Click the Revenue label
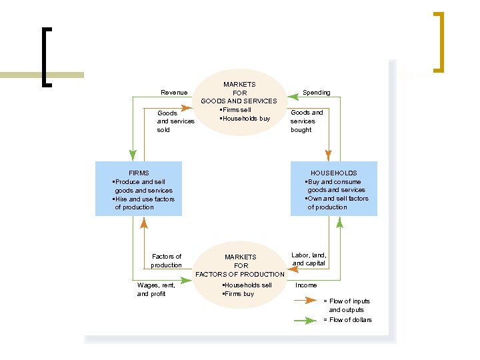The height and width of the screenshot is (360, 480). [x=175, y=92]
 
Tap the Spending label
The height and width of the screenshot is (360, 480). [x=316, y=92]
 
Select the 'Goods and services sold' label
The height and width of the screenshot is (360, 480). [x=175, y=121]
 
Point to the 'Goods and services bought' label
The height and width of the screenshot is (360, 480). [x=307, y=121]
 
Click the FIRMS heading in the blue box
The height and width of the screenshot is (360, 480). [x=139, y=173]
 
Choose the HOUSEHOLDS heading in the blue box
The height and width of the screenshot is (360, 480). [x=333, y=173]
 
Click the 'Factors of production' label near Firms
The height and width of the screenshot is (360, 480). [x=166, y=261]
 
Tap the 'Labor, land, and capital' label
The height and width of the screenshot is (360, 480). [x=309, y=259]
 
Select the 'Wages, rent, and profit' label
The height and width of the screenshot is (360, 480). [x=156, y=289]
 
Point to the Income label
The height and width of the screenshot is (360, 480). [x=306, y=285]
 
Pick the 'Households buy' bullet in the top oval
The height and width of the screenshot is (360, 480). [x=245, y=119]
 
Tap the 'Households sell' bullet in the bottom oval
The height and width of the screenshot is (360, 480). [x=247, y=285]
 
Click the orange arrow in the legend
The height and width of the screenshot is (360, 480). [x=305, y=301]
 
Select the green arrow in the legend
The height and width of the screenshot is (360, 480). [x=305, y=320]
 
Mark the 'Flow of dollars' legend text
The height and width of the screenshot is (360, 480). [x=347, y=320]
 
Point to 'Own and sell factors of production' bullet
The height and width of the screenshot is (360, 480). [x=336, y=203]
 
